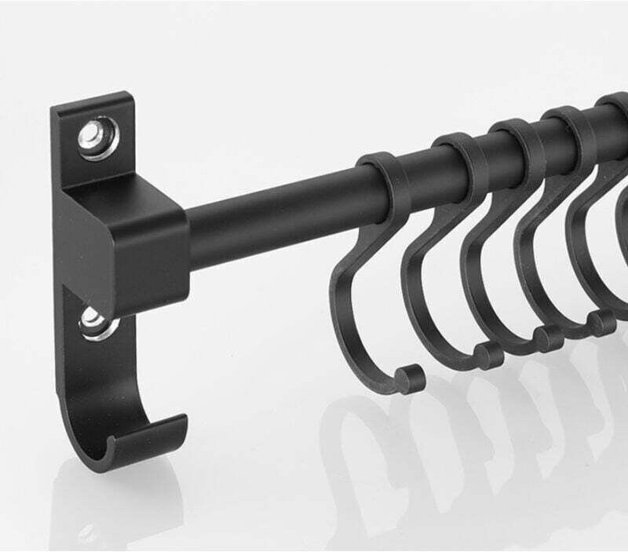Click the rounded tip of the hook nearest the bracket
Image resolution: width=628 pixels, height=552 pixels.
point(407,378)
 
